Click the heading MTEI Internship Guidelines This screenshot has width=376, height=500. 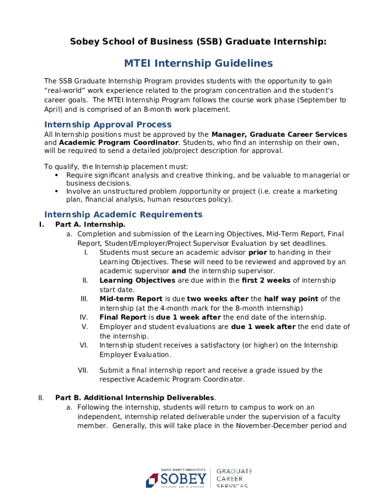tap(198, 63)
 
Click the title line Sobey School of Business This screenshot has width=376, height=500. tap(198, 42)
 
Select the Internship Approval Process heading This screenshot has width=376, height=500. tap(108, 125)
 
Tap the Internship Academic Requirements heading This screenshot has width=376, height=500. tap(123, 214)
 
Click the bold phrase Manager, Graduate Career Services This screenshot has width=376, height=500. tap(279, 134)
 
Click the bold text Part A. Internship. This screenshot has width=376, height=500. tap(90, 225)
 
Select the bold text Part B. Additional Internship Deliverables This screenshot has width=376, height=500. tap(135, 397)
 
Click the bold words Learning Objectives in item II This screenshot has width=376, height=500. tap(137, 280)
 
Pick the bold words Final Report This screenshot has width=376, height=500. tap(123, 317)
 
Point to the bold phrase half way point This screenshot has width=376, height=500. tap(291, 299)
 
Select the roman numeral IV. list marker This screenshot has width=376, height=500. tap(84, 317)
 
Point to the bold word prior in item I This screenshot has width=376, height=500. tap(258, 252)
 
